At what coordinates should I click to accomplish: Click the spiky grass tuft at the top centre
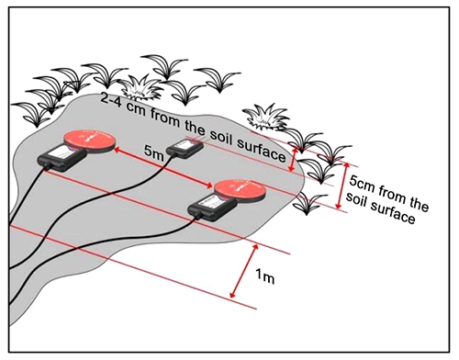(x=142, y=88)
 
